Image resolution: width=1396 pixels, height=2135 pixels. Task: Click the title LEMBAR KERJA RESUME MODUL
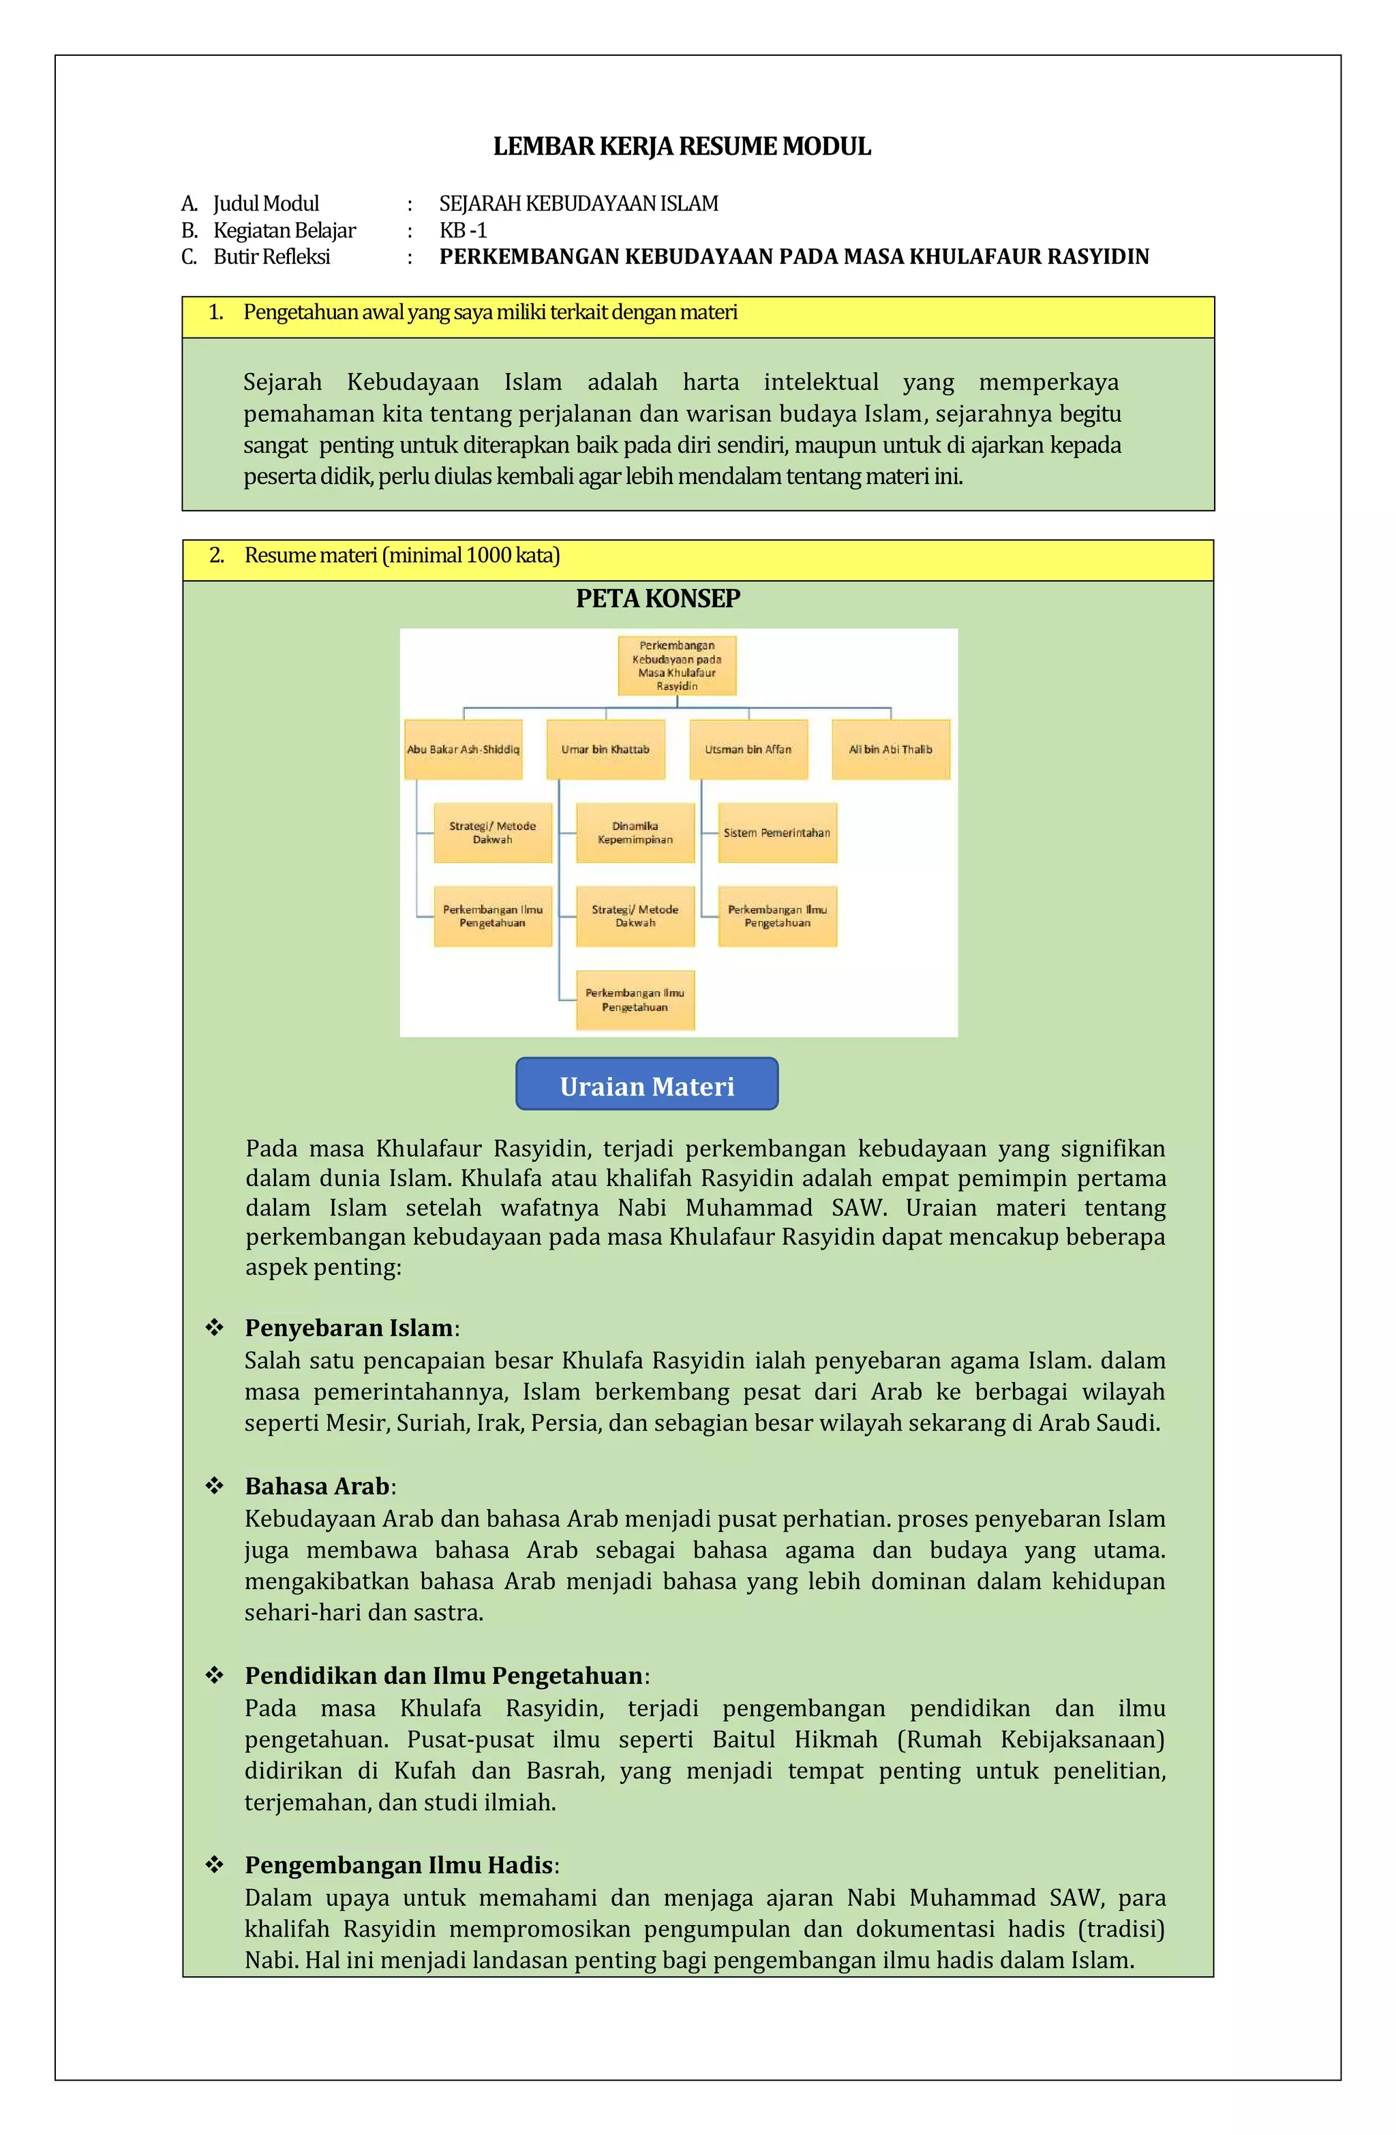tap(682, 147)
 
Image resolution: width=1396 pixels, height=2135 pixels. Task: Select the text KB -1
tap(463, 230)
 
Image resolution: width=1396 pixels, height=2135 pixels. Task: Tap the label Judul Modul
tap(266, 204)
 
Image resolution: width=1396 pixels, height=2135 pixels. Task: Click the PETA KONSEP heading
tap(658, 599)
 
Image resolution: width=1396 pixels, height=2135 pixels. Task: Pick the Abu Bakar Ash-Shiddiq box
tap(463, 749)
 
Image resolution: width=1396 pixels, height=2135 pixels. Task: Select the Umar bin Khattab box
tap(605, 749)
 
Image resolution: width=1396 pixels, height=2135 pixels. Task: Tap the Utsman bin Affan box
tap(748, 749)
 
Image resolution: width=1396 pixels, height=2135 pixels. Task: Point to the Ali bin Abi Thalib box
tap(890, 749)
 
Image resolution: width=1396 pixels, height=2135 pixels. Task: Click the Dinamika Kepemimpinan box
tap(635, 832)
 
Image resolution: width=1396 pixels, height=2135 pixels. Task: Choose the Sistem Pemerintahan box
tap(777, 832)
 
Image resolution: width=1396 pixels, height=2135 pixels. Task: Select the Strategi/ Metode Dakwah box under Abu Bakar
tap(493, 832)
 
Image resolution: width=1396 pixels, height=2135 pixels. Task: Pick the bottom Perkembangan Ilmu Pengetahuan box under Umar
tap(635, 999)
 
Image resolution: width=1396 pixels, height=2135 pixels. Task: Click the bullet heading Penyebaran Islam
tap(349, 1328)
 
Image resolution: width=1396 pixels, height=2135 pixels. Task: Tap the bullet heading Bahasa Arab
tap(318, 1487)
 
